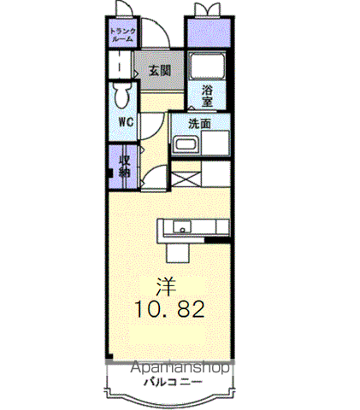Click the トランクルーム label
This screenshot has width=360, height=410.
click(123, 35)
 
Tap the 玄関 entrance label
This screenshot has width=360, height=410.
click(160, 70)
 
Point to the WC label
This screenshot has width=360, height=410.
click(126, 122)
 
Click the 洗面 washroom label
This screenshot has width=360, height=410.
click(199, 124)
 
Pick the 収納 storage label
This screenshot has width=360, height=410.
click(125, 167)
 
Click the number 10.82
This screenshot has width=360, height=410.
click(170, 309)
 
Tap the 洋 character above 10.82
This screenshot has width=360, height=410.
click(166, 287)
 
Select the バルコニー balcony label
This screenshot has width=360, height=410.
click(173, 382)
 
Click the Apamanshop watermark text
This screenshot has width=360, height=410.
click(180, 368)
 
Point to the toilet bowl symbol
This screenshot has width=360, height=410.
click(122, 95)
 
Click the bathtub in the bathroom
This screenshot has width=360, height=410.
click(208, 67)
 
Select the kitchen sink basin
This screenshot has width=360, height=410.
click(182, 227)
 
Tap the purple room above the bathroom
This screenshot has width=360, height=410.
click(208, 32)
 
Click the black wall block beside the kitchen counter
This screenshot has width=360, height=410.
click(217, 240)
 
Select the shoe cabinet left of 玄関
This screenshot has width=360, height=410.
click(120, 65)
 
